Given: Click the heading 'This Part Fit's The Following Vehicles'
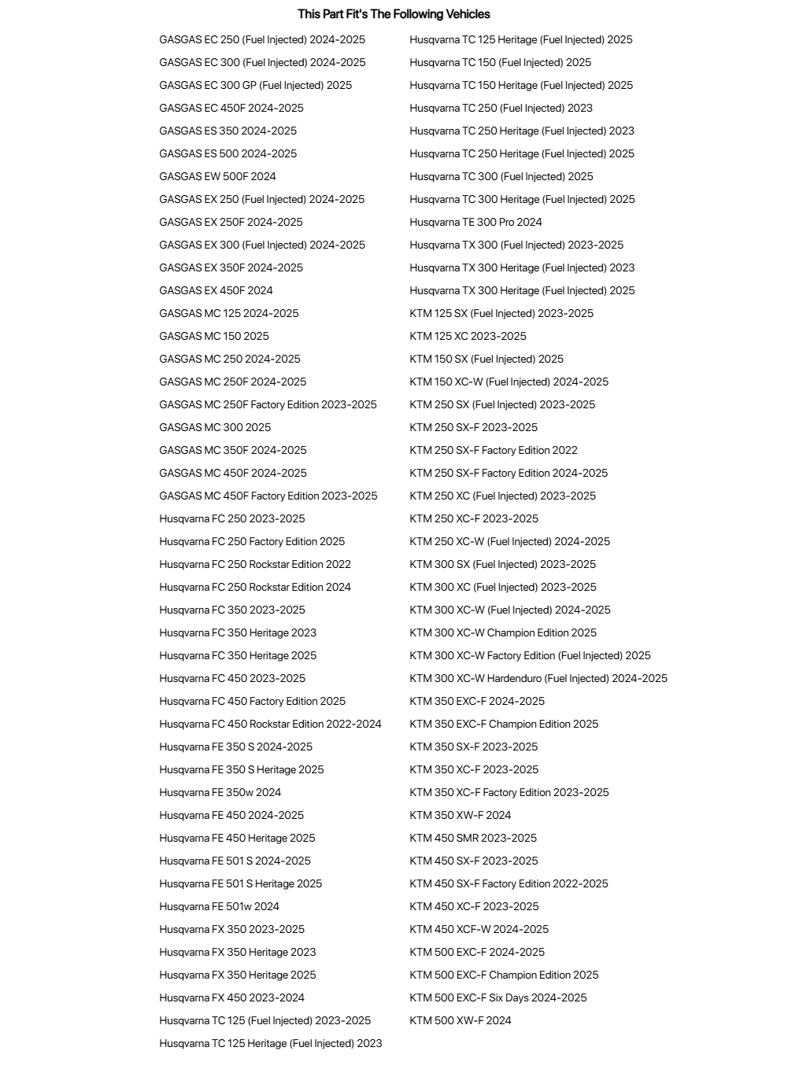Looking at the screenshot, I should [394, 14].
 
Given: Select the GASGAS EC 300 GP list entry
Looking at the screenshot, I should [255, 85].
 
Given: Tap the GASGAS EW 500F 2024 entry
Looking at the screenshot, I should [217, 176].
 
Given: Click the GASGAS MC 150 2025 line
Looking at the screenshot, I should [213, 336].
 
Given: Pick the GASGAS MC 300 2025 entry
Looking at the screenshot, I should [215, 427].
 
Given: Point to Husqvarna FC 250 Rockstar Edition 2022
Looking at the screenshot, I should [255, 564].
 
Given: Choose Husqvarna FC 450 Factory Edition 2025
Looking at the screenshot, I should [252, 701].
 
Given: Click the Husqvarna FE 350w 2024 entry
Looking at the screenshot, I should [220, 792].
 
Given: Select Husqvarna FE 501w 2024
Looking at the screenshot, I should [219, 906].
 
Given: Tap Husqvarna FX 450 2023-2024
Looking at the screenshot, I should [231, 997].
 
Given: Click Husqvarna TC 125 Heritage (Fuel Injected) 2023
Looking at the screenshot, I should [270, 1043].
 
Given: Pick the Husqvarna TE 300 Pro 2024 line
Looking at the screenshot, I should [475, 222].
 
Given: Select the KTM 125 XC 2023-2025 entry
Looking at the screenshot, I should [468, 336].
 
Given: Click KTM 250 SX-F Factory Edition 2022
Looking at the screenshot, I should [494, 450].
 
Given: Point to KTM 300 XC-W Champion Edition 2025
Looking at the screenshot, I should [503, 632].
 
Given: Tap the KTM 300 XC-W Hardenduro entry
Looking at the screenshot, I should [538, 678].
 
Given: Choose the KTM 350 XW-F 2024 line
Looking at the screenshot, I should [461, 815].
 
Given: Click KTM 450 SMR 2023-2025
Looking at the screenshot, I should [473, 838].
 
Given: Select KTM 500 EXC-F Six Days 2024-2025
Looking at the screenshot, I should [498, 997].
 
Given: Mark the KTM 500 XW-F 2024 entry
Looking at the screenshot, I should [461, 1020].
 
